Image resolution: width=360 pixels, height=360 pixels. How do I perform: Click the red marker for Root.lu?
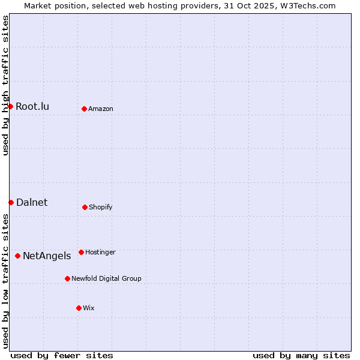click(x=10, y=106)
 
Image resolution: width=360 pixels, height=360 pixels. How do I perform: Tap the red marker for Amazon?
click(x=84, y=109)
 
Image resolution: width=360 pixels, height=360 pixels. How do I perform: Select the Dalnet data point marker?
click(x=11, y=202)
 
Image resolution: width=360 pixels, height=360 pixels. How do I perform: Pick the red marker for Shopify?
click(x=85, y=207)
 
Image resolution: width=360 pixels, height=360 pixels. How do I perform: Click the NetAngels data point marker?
click(x=17, y=256)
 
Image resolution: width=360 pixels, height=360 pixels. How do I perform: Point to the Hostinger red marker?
click(x=81, y=252)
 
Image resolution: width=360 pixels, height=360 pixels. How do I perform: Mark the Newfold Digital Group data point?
click(x=67, y=278)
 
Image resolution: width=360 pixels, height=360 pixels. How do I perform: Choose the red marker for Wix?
click(x=79, y=308)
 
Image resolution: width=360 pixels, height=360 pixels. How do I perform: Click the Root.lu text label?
click(x=32, y=107)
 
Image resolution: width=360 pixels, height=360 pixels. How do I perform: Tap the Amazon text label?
click(x=101, y=109)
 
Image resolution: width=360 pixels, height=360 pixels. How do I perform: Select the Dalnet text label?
click(x=32, y=203)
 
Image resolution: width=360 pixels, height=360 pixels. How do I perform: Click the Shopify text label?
click(x=101, y=208)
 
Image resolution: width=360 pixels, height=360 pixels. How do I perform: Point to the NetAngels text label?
click(x=47, y=256)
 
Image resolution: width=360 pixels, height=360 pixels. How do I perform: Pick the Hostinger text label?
click(x=100, y=253)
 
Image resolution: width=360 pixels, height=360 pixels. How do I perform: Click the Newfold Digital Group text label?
click(x=106, y=279)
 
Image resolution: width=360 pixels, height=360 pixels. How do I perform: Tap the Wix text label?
click(x=89, y=308)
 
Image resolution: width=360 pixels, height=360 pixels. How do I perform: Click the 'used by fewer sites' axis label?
click(x=62, y=355)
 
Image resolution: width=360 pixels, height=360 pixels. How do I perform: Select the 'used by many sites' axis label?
click(x=301, y=355)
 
